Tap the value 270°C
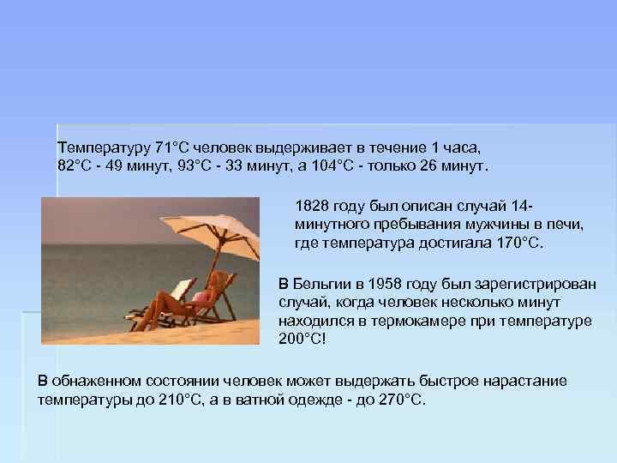point(401,400)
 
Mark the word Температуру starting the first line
point(104,146)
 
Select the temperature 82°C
point(75,165)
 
